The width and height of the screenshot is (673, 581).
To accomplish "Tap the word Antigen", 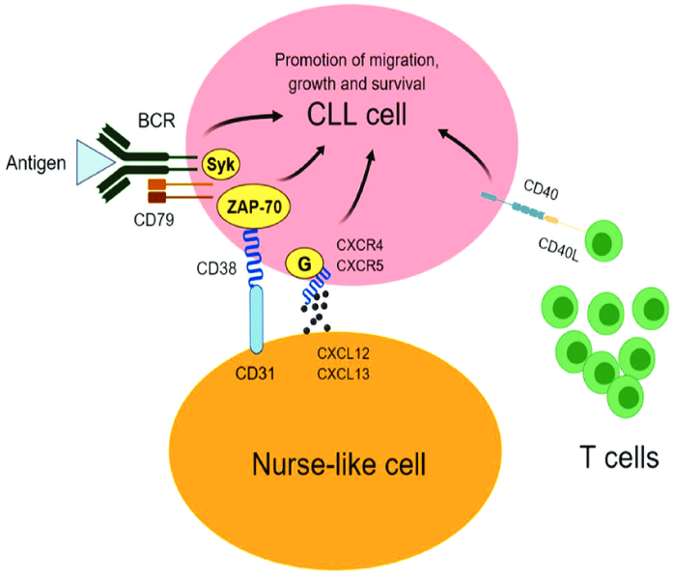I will click(36, 161).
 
